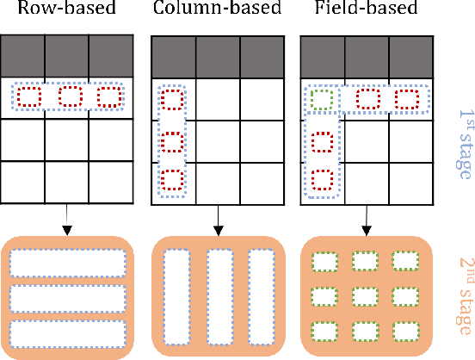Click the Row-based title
66,12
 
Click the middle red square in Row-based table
71,97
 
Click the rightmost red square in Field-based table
406,99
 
